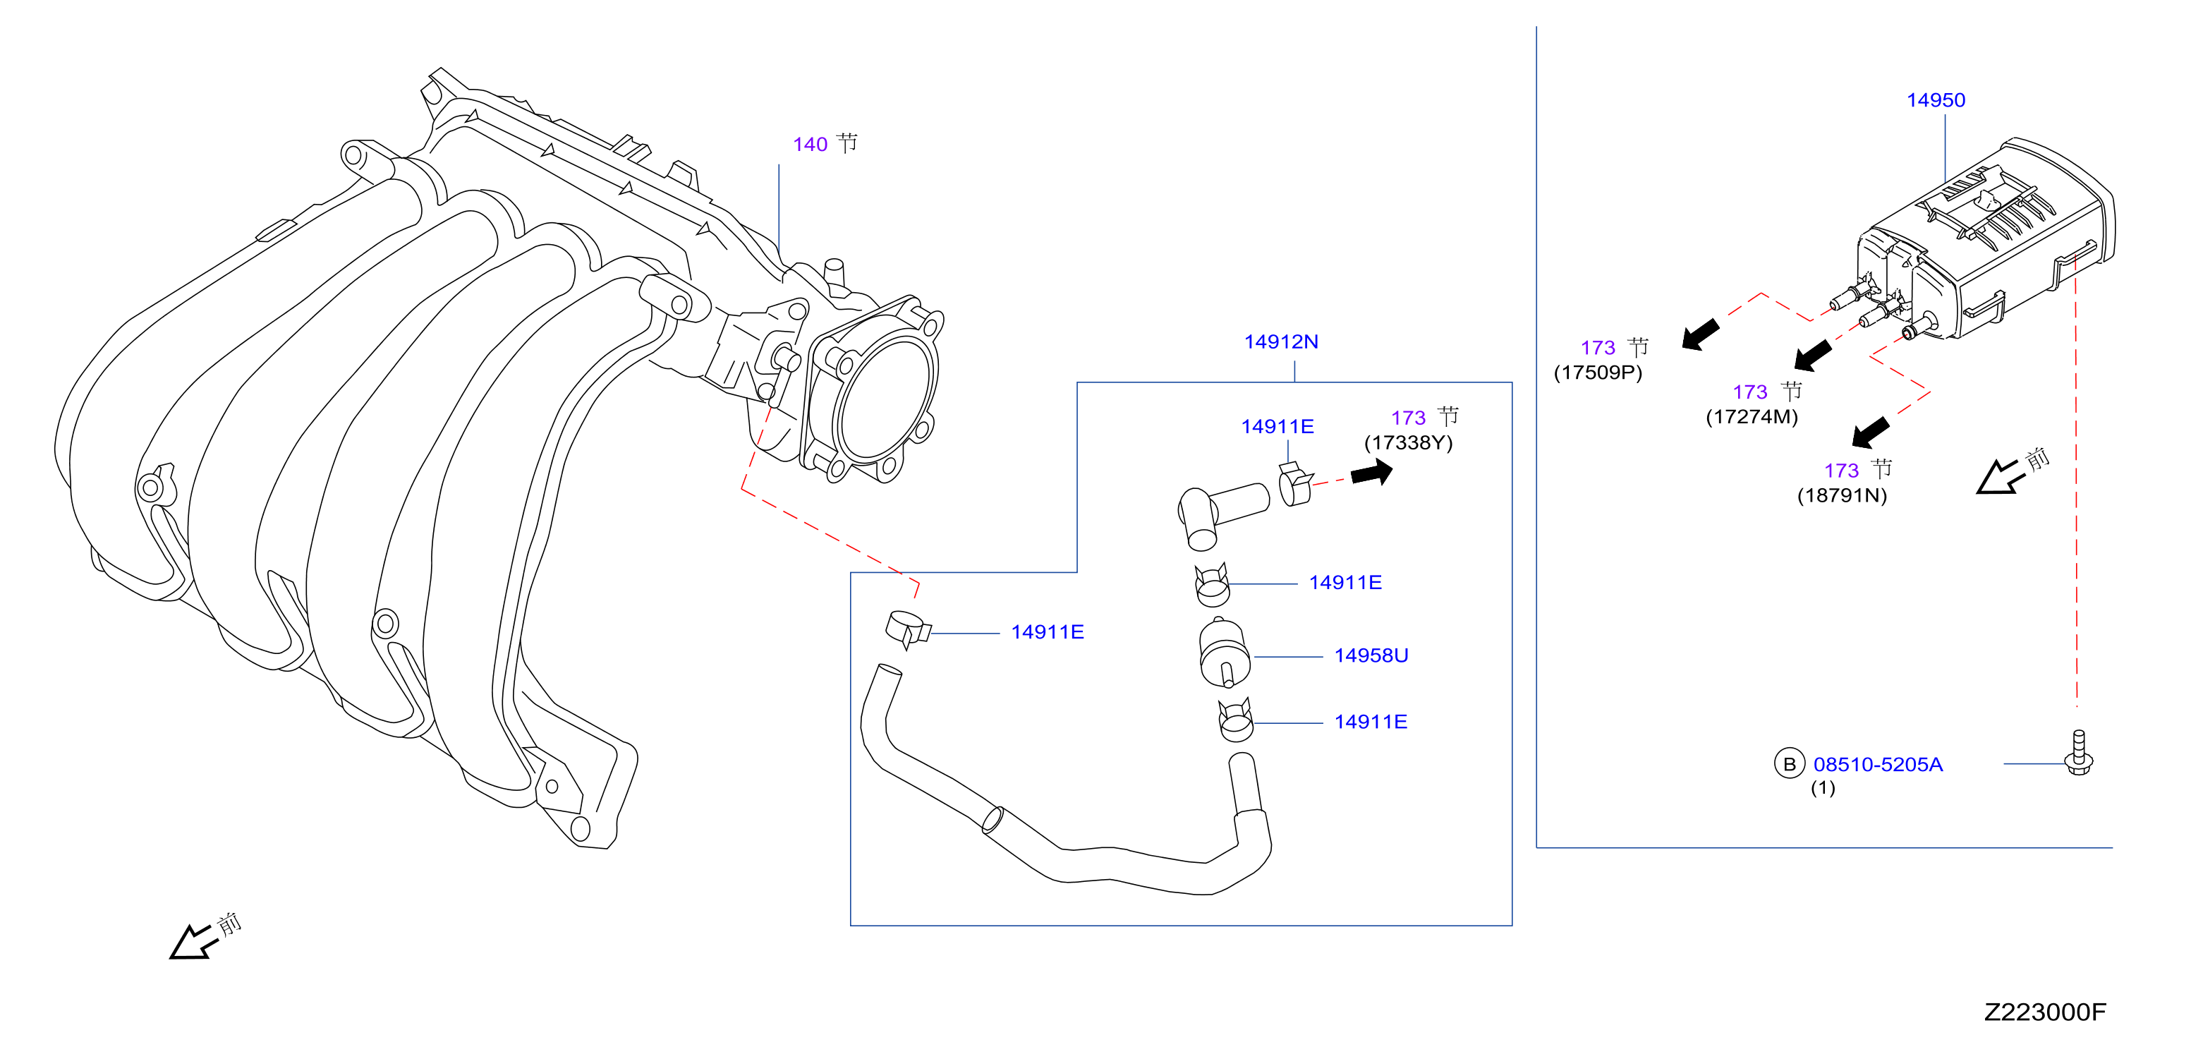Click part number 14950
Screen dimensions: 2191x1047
click(1936, 100)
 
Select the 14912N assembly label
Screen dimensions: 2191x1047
click(1281, 342)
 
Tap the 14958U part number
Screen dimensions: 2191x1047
click(1371, 655)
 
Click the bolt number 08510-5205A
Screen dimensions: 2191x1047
click(1878, 765)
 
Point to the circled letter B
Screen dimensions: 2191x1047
click(1790, 764)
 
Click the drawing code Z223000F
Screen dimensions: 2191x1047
click(2045, 1012)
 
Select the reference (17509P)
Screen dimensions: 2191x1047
click(1598, 373)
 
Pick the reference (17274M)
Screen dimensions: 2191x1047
click(1752, 417)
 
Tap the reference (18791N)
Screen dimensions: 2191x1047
click(1843, 496)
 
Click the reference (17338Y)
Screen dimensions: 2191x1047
click(1409, 443)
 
